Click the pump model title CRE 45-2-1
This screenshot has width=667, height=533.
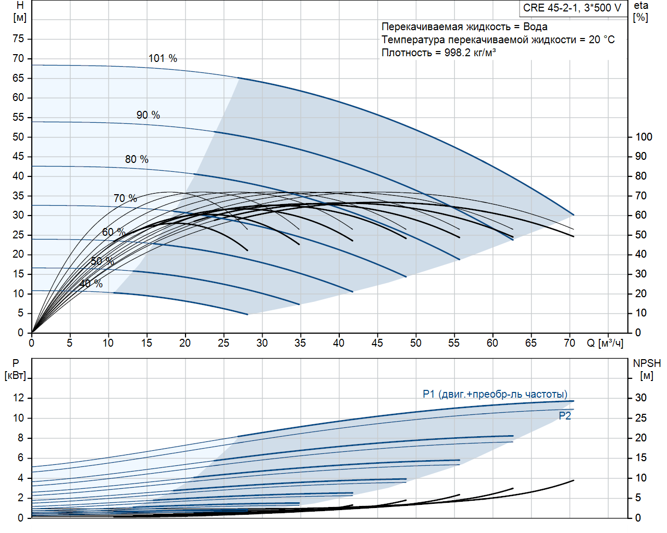point(572,8)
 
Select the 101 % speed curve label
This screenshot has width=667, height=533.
point(163,58)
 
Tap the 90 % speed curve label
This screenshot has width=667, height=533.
point(148,115)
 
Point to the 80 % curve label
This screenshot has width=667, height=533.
point(137,159)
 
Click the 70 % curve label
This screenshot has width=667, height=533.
point(125,198)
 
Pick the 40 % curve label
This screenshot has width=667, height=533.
point(91,284)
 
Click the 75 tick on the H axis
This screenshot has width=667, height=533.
point(18,39)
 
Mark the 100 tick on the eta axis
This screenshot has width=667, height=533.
point(644,137)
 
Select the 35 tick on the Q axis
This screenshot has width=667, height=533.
point(300,343)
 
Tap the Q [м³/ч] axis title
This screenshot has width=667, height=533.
point(604,343)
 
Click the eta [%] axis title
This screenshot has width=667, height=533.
point(641,11)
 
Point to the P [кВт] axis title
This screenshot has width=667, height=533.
point(16,370)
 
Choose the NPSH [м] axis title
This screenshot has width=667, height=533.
point(647,370)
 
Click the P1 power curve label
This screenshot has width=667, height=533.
point(495,394)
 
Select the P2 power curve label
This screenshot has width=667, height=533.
point(565,416)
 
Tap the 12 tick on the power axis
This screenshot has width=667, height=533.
point(19,398)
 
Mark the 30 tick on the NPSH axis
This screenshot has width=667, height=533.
point(641,398)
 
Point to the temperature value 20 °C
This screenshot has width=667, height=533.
point(602,40)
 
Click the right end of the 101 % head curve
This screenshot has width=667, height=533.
point(573,214)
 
